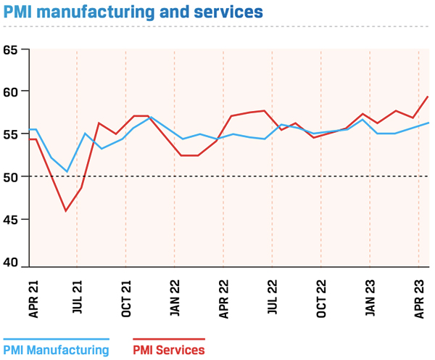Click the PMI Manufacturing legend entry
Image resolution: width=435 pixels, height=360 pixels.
click(56, 350)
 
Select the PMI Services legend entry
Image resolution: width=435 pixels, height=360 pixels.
click(169, 350)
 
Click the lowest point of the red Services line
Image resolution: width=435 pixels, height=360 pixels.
click(66, 211)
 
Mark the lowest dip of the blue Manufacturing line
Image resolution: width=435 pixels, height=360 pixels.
click(67, 172)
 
